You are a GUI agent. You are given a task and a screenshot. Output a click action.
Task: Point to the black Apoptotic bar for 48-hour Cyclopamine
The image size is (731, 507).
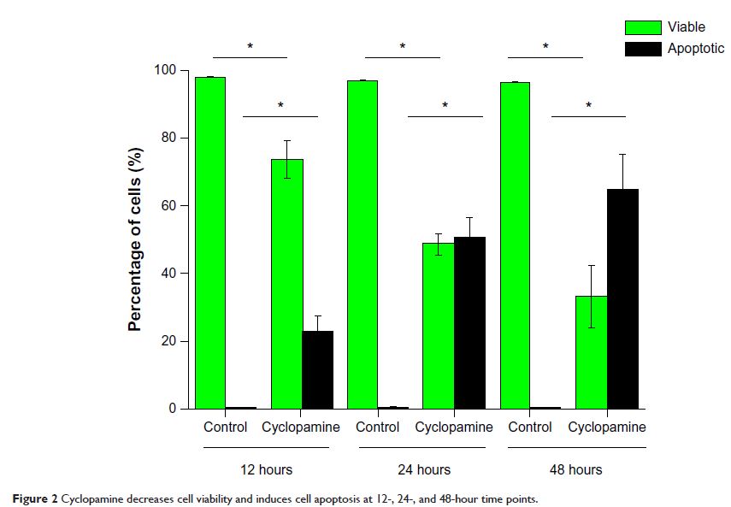[622, 298]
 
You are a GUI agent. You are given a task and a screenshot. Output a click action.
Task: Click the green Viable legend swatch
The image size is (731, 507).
[642, 27]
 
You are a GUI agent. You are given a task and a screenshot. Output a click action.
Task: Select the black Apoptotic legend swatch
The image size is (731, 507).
[642, 49]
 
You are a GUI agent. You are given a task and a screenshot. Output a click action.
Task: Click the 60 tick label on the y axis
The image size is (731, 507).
[169, 206]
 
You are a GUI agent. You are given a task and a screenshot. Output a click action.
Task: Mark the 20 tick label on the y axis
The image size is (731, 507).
[169, 341]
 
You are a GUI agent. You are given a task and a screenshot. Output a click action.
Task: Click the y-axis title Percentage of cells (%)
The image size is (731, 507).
[135, 240]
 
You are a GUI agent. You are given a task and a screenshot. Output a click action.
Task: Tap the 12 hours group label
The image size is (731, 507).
[264, 469]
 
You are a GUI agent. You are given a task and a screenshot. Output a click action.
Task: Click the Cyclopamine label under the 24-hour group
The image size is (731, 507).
[454, 427]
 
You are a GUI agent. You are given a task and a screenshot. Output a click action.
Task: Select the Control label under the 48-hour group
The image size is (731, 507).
[530, 427]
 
